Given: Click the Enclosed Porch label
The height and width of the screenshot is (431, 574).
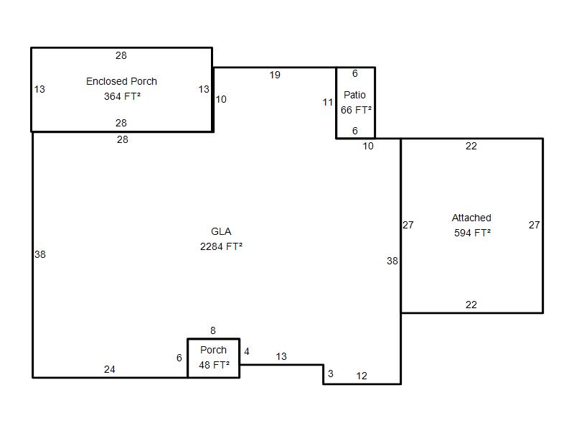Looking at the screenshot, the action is (x=121, y=81).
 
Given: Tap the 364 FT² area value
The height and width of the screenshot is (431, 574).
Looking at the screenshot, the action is (x=122, y=96).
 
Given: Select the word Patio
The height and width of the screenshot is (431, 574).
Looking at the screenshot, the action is (x=354, y=95).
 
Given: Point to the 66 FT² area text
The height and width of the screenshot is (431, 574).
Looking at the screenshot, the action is (x=356, y=110).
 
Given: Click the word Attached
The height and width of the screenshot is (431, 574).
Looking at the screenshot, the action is (x=471, y=218).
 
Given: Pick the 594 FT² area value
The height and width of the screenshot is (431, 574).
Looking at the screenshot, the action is (x=472, y=233).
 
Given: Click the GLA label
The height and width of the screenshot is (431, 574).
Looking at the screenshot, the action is (x=221, y=231).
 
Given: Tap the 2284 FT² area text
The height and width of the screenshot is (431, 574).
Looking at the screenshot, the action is (x=221, y=246).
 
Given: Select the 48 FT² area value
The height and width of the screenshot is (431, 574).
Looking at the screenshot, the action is (x=214, y=365).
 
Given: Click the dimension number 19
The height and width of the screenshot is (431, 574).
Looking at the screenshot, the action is (x=275, y=75).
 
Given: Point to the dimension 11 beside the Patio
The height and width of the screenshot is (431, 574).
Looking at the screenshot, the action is (x=328, y=102).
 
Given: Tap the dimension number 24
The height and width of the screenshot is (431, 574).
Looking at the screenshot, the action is (x=110, y=369).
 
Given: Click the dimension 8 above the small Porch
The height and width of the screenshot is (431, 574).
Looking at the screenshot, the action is (x=213, y=330).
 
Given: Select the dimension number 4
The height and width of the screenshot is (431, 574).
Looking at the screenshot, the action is (x=247, y=351).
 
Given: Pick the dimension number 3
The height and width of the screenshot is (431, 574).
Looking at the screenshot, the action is (x=331, y=374).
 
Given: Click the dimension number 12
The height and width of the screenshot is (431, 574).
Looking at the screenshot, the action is (x=362, y=376).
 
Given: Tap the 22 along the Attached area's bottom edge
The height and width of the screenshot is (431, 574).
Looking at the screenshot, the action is (x=471, y=305).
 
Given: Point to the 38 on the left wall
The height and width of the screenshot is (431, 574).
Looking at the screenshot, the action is (x=40, y=254).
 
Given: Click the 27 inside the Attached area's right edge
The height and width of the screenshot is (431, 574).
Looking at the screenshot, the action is (x=534, y=225).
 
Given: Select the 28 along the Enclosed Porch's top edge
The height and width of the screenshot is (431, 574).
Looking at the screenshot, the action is (x=121, y=55).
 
